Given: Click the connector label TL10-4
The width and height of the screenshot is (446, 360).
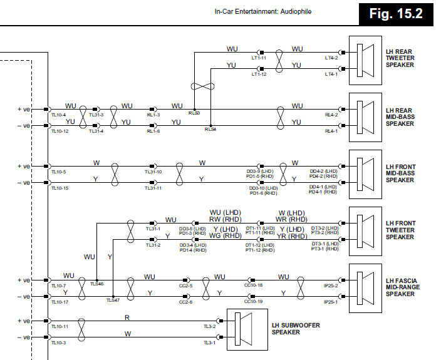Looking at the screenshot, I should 58,115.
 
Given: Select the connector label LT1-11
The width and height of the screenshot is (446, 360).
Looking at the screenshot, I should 259,58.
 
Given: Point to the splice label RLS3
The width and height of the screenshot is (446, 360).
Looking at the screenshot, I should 194,113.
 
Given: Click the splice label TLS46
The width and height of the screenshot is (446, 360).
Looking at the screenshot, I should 96,284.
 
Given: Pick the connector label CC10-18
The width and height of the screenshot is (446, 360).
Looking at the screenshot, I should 253,285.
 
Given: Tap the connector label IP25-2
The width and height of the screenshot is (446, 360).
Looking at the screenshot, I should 330,285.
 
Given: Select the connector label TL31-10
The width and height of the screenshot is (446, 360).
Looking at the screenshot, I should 153,172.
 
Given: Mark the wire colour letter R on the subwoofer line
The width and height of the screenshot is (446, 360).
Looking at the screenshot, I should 127,317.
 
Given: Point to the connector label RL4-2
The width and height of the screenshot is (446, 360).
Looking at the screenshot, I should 331,115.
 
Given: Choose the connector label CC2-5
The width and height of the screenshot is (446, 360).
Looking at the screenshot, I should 185,285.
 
